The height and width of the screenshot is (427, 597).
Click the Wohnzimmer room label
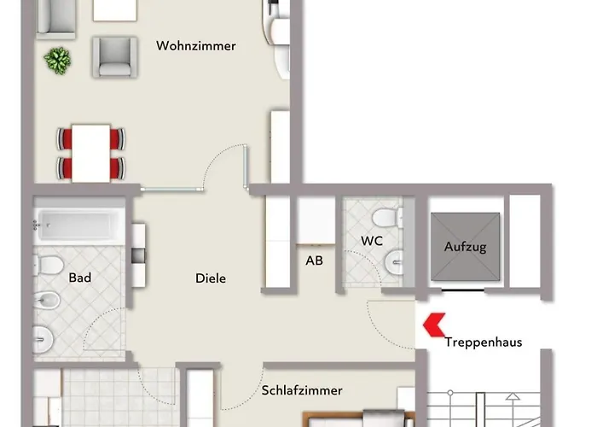[x=195, y=46]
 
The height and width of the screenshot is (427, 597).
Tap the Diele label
[x=211, y=278]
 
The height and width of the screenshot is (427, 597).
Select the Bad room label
[x=79, y=278]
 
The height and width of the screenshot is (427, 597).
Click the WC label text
[x=371, y=241]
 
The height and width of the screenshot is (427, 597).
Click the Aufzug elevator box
[x=465, y=246]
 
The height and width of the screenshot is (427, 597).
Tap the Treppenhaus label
[x=484, y=342]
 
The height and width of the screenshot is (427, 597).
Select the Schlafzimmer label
[x=302, y=390]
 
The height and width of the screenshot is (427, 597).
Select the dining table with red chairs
[x=91, y=151]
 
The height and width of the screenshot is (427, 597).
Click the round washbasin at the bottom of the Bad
[x=43, y=336]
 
